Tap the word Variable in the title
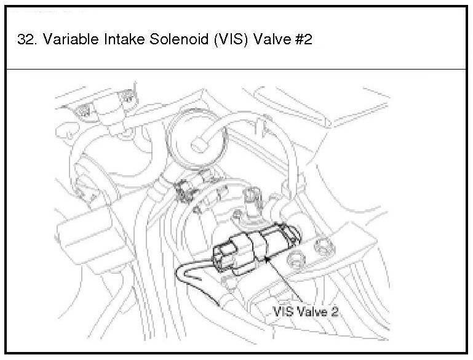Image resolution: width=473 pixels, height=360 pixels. click(71, 39)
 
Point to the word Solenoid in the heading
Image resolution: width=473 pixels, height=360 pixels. click(179, 39)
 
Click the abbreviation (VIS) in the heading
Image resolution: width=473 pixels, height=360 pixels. click(231, 39)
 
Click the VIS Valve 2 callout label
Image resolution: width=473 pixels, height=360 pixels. click(306, 311)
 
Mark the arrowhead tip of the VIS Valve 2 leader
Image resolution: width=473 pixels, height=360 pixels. click(266, 257)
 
